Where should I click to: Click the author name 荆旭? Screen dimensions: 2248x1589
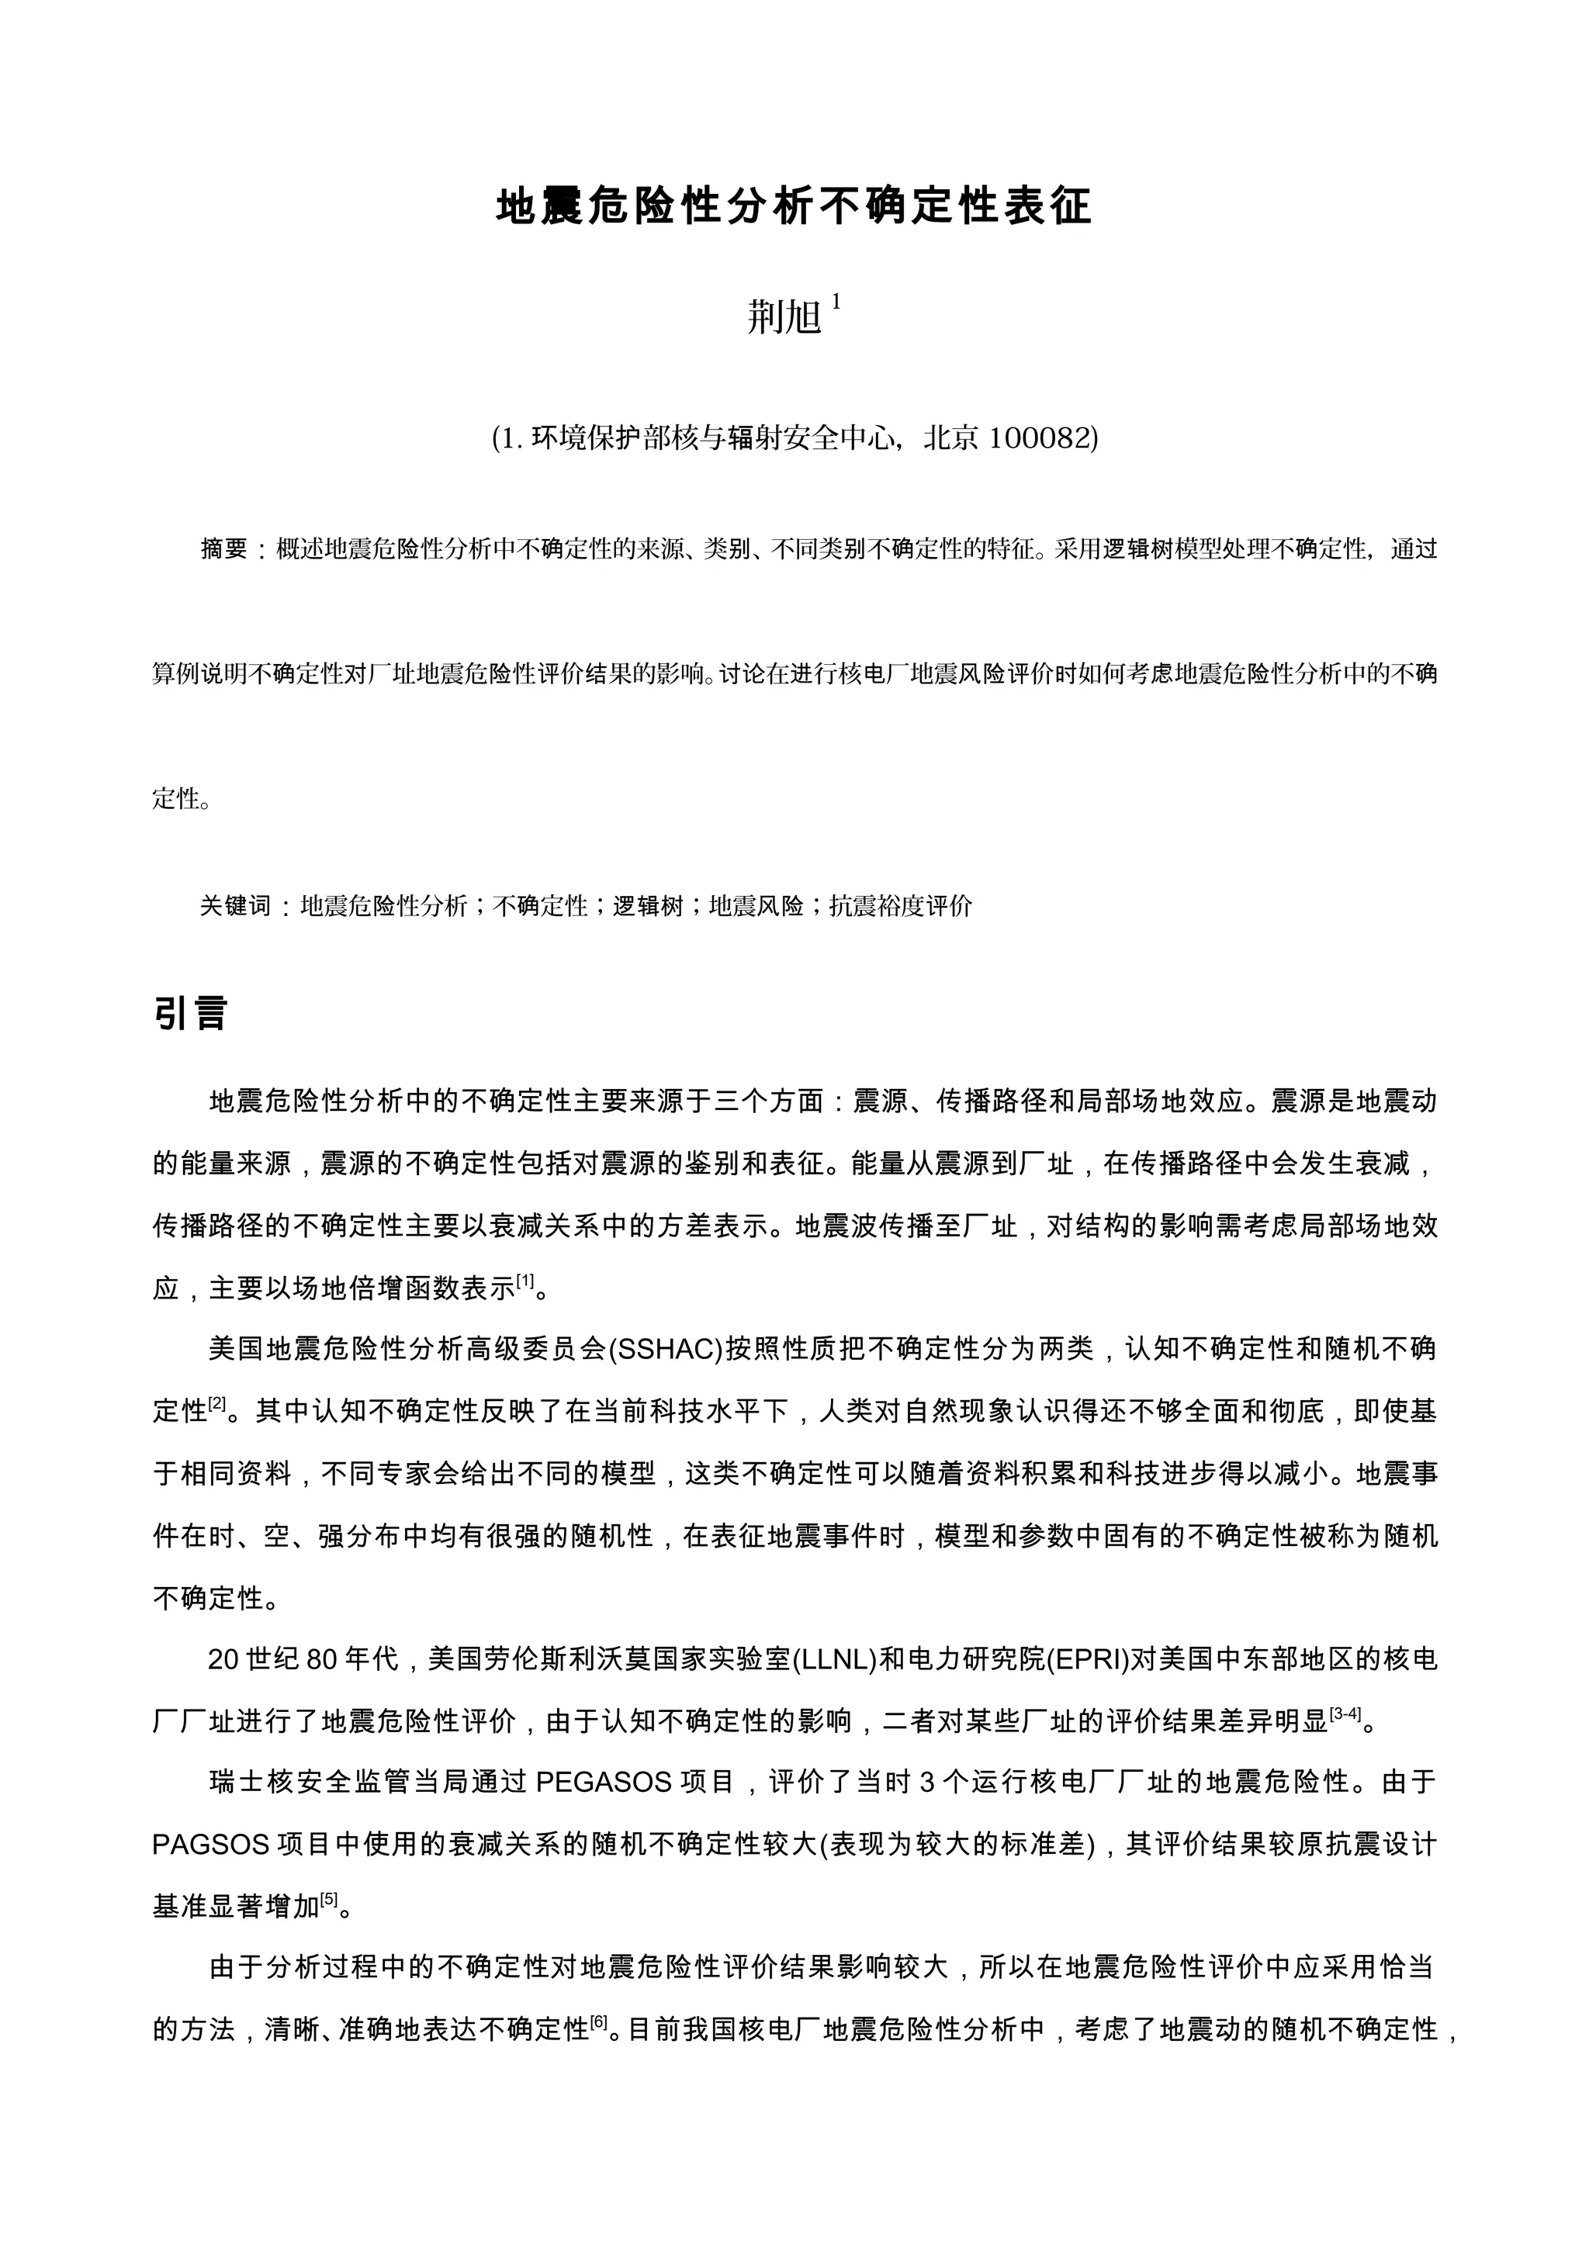[784, 317]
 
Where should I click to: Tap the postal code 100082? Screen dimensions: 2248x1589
[1040, 437]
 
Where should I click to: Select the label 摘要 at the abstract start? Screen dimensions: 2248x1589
[224, 549]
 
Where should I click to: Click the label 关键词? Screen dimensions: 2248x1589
[235, 906]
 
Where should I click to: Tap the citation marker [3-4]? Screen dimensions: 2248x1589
[1345, 1714]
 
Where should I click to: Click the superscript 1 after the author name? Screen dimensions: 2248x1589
[836, 303]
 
